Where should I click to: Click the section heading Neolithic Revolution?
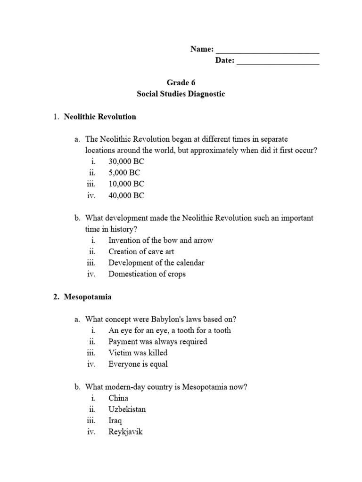click(x=100, y=116)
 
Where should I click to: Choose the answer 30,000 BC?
click(x=126, y=161)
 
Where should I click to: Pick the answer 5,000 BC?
click(x=124, y=173)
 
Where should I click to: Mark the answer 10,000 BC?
click(x=126, y=184)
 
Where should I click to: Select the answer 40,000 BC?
click(x=126, y=195)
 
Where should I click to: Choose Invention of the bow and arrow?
click(x=160, y=240)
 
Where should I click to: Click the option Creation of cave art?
click(x=141, y=251)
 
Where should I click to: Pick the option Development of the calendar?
click(x=156, y=263)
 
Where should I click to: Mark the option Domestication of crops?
click(x=147, y=274)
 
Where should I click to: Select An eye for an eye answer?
click(x=169, y=330)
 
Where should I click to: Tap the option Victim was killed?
click(x=138, y=353)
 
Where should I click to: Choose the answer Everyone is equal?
click(x=138, y=364)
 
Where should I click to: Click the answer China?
click(x=118, y=398)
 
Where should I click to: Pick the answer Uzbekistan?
click(x=127, y=409)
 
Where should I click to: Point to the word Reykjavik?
click(x=125, y=432)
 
